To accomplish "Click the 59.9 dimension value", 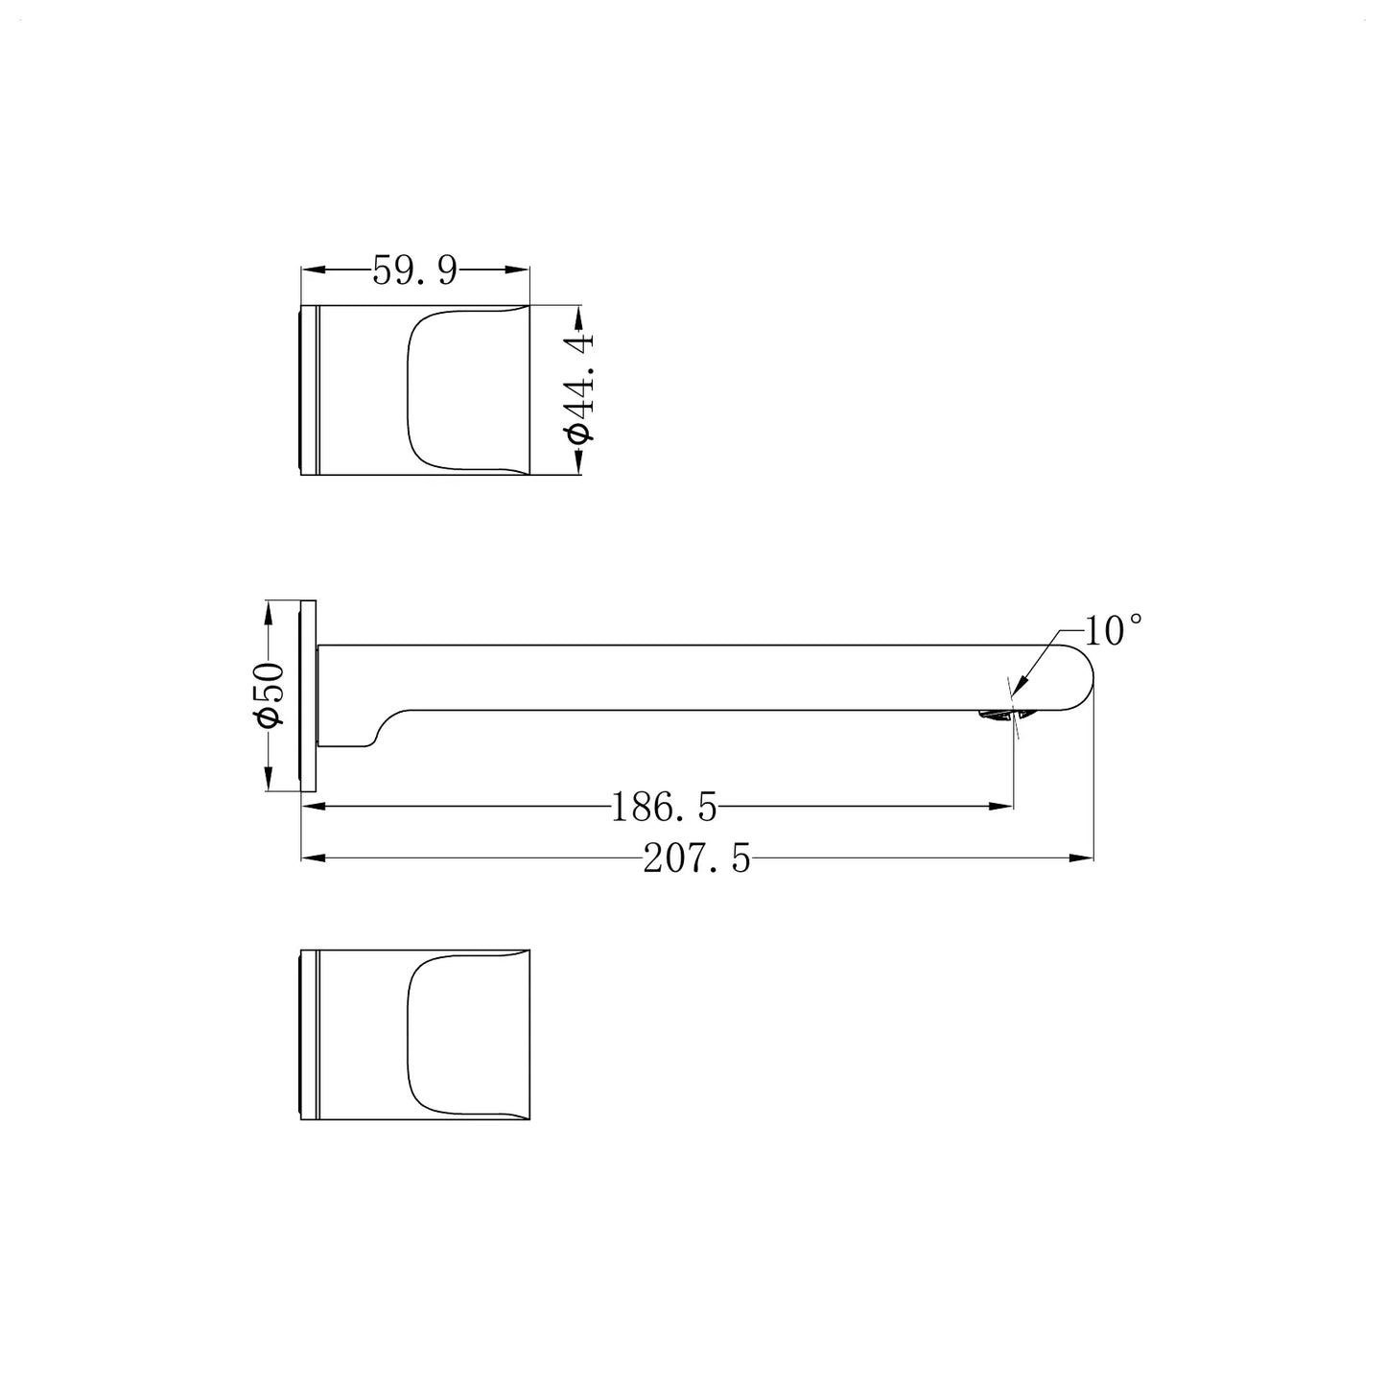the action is click(x=415, y=271).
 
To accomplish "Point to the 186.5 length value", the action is click(x=664, y=807).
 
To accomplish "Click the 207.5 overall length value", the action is click(x=696, y=858).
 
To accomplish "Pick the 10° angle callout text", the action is click(x=1113, y=631).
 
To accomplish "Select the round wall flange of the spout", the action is click(x=308, y=695).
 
